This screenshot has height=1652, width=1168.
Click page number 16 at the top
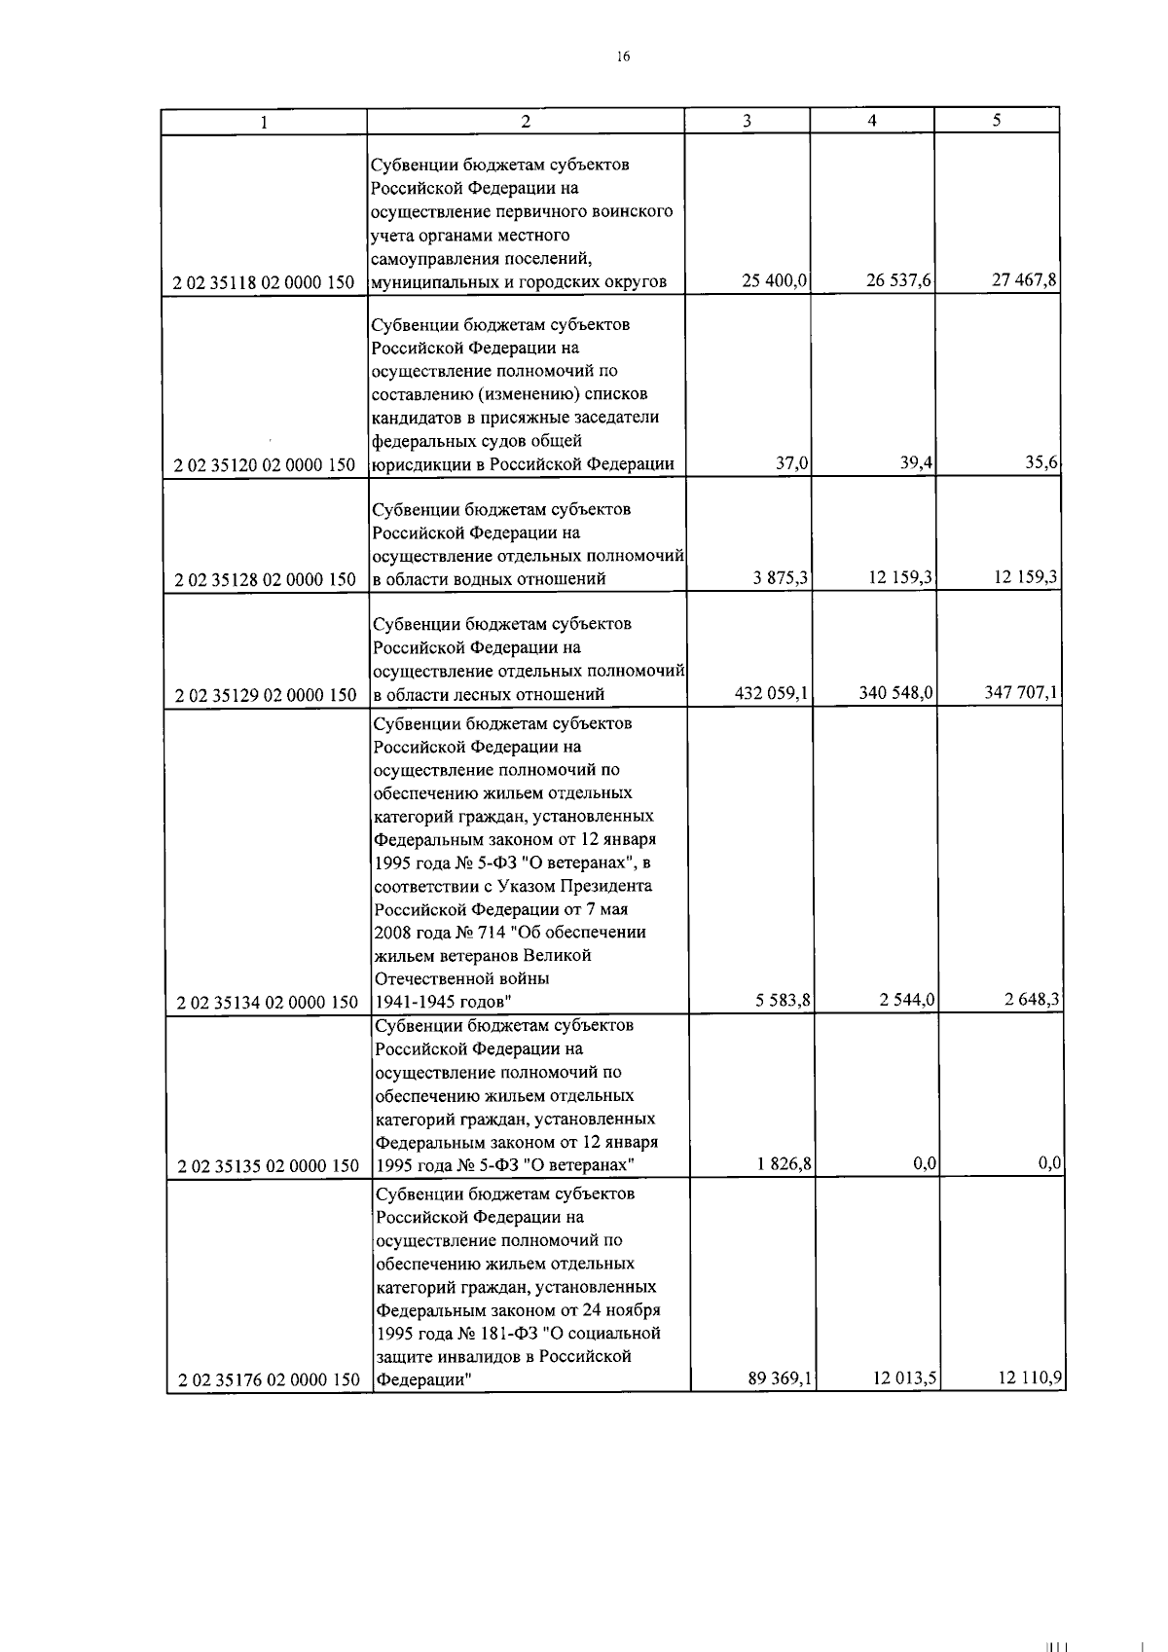pyautogui.click(x=623, y=56)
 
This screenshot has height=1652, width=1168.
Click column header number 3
pyautogui.click(x=747, y=121)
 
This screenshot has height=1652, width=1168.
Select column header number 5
pyautogui.click(x=997, y=121)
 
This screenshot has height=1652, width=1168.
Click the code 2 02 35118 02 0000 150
pyautogui.click(x=264, y=283)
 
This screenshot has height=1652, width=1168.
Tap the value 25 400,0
pyautogui.click(x=775, y=281)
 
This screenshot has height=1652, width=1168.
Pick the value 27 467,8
pyautogui.click(x=1024, y=281)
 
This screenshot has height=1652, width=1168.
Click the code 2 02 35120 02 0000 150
pyautogui.click(x=264, y=465)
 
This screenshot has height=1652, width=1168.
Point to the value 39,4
pyautogui.click(x=917, y=463)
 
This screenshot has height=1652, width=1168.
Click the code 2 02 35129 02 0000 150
pyautogui.click(x=265, y=695)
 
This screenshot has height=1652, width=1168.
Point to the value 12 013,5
pyautogui.click(x=904, y=1379)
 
